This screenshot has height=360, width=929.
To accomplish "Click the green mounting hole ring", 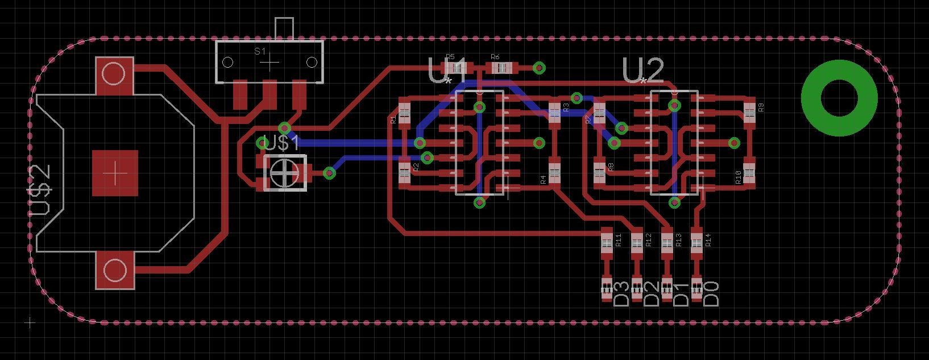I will click(839, 98).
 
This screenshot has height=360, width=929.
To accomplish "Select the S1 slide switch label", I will click(260, 51).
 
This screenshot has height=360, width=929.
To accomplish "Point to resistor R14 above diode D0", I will click(696, 242).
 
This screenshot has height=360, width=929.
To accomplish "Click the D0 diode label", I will click(711, 293).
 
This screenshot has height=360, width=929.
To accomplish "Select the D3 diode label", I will click(622, 293).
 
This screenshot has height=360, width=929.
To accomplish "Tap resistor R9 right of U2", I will click(749, 110).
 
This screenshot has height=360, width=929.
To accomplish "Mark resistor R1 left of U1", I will click(404, 112).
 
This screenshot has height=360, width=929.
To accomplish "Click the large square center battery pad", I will click(115, 173).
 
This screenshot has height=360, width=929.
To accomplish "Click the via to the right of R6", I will click(539, 68).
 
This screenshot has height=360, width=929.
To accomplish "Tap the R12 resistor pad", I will click(637, 242).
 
